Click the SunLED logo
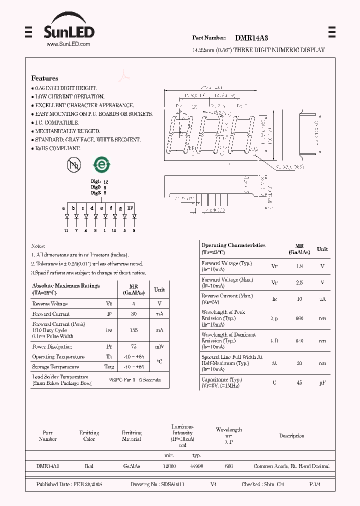coord(68,30)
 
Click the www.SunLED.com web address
coord(68,44)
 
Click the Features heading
coord(44,78)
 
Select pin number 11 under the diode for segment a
coord(66,230)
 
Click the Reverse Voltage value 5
coord(133,304)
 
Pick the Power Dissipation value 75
coord(133,346)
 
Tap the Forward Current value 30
coord(133,314)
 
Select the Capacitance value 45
coord(299,382)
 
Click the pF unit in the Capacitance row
coord(322,382)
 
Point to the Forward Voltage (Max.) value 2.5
coord(299,282)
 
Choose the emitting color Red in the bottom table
coord(89,466)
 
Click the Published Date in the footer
coord(69,484)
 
